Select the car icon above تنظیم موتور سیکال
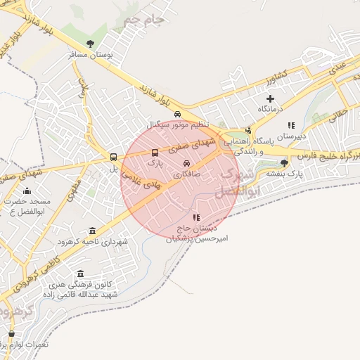(178, 115)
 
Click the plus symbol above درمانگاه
(269, 98)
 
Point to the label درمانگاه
(270, 109)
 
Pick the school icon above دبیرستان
(292, 125)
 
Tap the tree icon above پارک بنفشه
(284, 162)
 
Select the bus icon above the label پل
(114, 157)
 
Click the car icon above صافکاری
(186, 163)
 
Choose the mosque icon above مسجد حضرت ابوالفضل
(27, 191)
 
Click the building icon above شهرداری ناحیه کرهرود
(93, 231)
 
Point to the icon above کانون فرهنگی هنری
(80, 274)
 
